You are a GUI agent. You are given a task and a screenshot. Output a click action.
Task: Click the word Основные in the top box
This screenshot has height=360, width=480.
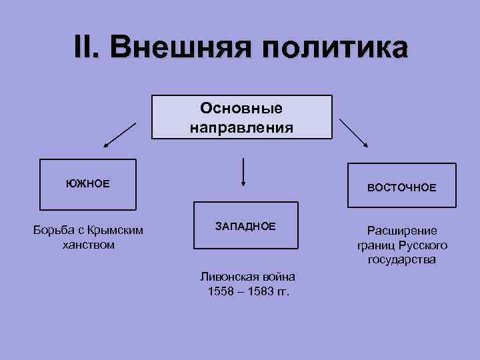click(241, 109)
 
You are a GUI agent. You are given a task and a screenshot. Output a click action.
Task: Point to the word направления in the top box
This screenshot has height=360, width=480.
click(241, 127)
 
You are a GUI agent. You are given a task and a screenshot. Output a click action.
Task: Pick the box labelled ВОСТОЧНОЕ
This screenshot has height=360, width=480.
click(401, 188)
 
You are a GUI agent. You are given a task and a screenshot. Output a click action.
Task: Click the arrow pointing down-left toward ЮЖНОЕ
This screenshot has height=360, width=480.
click(119, 135)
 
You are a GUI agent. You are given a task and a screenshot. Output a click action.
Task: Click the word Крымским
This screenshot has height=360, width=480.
click(115, 231)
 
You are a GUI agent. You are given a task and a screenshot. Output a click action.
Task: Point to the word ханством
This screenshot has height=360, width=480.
click(87, 245)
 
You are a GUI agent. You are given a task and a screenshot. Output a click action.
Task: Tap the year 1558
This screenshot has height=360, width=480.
click(220, 291)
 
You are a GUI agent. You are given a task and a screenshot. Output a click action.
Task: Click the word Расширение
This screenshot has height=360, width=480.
click(402, 231)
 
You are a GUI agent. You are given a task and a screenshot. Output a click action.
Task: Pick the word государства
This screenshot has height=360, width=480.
click(402, 259)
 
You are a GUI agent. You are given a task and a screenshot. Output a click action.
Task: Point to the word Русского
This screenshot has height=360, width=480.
click(424, 245)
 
